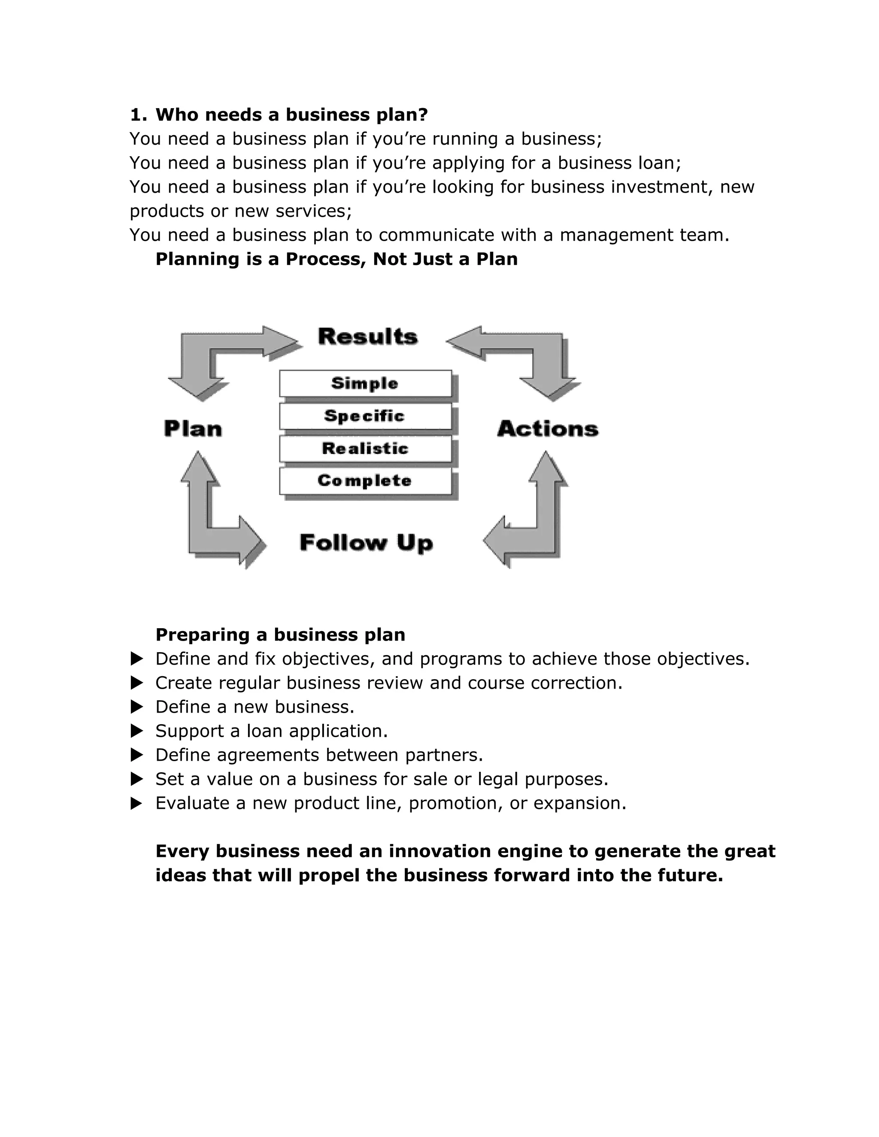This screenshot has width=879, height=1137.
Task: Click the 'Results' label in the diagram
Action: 368,337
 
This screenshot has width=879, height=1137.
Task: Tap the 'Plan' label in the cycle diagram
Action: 193,429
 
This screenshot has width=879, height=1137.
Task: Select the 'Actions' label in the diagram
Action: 548,429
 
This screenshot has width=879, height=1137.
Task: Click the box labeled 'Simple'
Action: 365,384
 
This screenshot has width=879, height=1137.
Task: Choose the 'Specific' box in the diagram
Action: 365,416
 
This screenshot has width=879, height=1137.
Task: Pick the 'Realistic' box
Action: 365,448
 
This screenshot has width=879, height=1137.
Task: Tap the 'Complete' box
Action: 365,481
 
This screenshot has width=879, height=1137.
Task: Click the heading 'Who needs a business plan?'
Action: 291,115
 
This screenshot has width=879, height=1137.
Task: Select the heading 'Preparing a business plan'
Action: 280,635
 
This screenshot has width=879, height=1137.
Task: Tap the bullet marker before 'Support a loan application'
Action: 136,731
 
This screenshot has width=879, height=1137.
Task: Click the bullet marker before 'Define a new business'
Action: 136,707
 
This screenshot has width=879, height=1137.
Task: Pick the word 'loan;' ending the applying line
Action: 660,163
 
